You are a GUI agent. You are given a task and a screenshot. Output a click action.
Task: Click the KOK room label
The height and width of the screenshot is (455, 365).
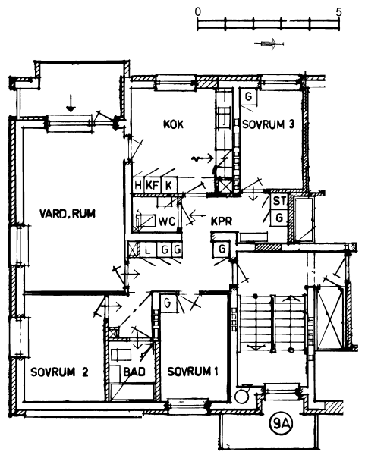pos(173,124)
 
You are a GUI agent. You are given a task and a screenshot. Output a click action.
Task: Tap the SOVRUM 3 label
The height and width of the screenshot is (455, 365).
pos(269,124)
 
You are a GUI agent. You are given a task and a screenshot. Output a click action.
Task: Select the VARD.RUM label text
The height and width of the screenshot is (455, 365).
pos(68,214)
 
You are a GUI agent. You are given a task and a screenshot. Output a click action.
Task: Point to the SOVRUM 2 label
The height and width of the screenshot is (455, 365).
pos(59,372)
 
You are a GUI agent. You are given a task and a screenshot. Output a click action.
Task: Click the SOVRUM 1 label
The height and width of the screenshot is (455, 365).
pos(193,371)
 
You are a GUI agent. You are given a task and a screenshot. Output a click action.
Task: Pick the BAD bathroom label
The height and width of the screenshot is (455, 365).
pos(134,372)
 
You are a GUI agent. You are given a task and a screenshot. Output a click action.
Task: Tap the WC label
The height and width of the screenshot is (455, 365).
pos(167,221)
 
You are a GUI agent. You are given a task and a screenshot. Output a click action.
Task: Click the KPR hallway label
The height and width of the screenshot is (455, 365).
pos(222,221)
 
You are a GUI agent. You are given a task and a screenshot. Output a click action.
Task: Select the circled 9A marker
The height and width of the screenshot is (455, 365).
pos(281,425)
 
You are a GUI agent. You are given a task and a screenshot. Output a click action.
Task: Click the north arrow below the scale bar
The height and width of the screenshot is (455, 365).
pos(269,44)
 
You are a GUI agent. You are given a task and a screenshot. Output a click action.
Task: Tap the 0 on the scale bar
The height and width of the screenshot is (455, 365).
pos(198,12)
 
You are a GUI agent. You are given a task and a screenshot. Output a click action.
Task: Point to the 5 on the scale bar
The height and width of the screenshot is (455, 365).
pos(338,12)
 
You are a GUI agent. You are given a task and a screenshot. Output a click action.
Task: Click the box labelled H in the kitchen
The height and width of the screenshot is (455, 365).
pos(138,184)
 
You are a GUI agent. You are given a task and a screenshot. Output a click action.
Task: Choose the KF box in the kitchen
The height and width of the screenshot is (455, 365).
pos(153,184)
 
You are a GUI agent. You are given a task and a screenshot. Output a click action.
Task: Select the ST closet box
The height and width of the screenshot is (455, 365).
pos(279,200)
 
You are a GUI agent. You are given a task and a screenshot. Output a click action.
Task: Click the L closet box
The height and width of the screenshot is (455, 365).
pos(148,249)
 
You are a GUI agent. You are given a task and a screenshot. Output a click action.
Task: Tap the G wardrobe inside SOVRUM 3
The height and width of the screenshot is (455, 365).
pos(249,96)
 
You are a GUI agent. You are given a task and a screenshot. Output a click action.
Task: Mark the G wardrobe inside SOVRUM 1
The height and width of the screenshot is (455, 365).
pos(168,303)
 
